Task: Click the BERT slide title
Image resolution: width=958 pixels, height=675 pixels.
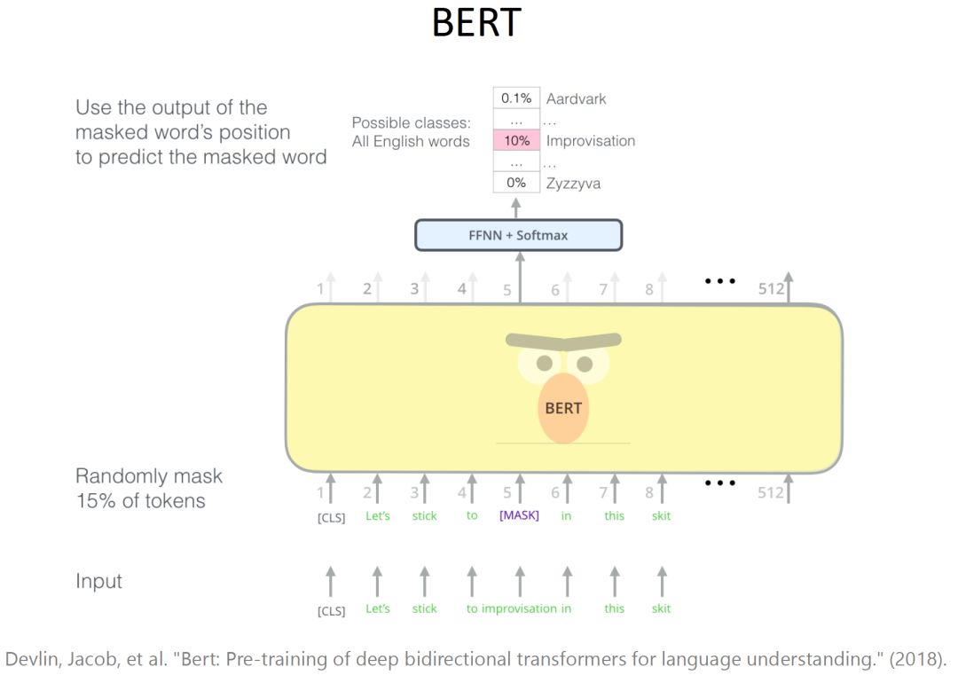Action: (x=475, y=24)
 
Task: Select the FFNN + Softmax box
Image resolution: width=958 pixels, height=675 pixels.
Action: (x=519, y=235)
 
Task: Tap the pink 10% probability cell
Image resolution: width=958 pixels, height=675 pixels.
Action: (x=516, y=141)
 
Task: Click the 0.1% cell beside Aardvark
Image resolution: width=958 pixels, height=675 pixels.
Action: (x=516, y=98)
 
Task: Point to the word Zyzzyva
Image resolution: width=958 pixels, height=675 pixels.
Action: (x=573, y=184)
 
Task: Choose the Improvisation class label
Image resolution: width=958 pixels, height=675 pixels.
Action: (x=591, y=141)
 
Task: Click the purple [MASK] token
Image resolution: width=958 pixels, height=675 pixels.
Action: (x=519, y=515)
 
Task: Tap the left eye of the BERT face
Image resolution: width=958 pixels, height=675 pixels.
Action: (x=545, y=364)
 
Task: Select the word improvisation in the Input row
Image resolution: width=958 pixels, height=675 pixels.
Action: (x=519, y=608)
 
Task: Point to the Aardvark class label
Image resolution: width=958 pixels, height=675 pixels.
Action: (x=576, y=98)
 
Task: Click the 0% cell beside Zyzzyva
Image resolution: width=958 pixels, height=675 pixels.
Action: (x=516, y=184)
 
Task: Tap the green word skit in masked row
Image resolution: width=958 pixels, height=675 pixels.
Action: (x=662, y=515)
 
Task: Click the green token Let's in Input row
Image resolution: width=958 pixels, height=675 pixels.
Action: (x=378, y=608)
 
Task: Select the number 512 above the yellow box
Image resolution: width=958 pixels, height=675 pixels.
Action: (x=770, y=288)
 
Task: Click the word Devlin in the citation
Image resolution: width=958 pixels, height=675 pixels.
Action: (x=33, y=659)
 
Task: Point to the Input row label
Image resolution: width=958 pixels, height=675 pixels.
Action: (x=98, y=582)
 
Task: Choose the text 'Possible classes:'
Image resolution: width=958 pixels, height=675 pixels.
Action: (x=411, y=123)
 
